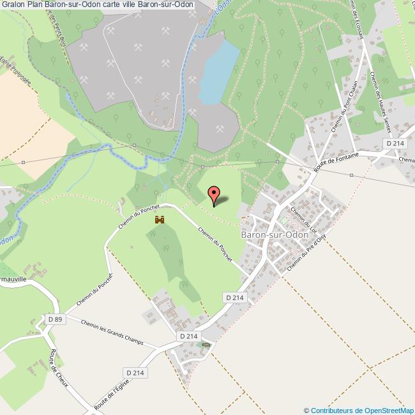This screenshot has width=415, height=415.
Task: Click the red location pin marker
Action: click(x=215, y=194)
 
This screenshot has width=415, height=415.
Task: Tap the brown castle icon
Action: click(x=159, y=220)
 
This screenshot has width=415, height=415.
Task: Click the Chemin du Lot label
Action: click(x=303, y=218)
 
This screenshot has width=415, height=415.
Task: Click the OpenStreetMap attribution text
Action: click(x=359, y=410)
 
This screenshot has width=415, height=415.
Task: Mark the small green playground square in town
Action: click(x=285, y=220)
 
